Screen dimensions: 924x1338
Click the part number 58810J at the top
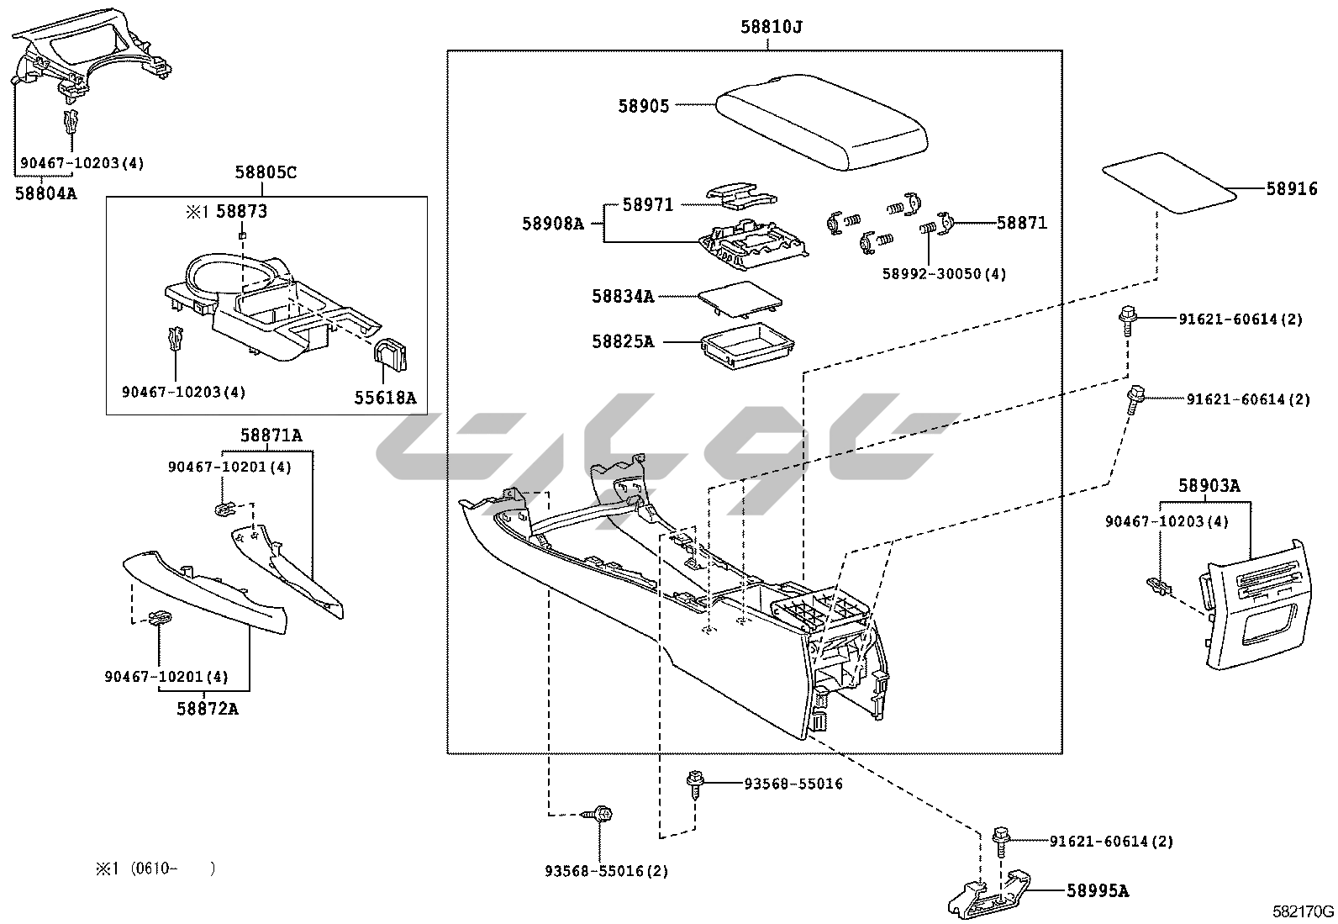(771, 27)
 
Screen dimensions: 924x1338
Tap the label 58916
(1292, 189)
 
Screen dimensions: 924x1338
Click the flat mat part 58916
(1169, 181)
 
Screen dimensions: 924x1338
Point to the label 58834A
(623, 296)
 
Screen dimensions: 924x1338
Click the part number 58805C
(266, 172)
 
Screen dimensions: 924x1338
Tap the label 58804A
(46, 193)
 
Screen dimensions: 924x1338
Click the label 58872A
(208, 708)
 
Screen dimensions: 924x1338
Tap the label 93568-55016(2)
(605, 871)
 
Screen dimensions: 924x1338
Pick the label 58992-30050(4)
(944, 273)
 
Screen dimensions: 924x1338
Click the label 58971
(647, 204)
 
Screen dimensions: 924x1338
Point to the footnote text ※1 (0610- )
(155, 869)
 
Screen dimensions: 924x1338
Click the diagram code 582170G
(1302, 911)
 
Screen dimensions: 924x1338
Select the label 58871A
(271, 435)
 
